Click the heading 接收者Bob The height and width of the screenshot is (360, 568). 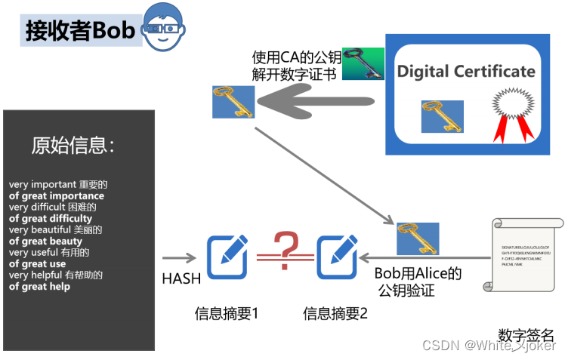[80, 29]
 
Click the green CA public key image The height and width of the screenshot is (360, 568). [363, 64]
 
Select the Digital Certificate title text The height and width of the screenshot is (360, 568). [466, 72]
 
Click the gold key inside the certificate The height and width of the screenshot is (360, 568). [442, 116]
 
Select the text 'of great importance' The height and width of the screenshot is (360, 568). [57, 196]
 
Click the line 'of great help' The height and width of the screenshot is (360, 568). [39, 287]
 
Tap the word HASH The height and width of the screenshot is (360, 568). [181, 278]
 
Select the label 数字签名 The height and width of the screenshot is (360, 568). [526, 334]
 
